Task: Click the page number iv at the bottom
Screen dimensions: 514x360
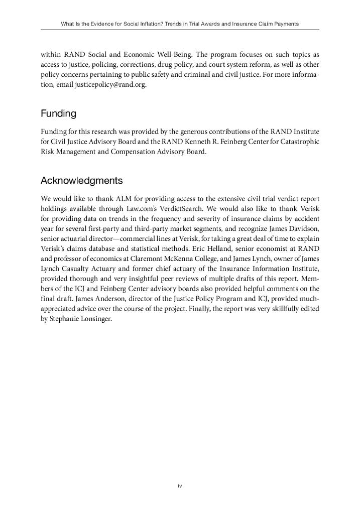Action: pos(180,485)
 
